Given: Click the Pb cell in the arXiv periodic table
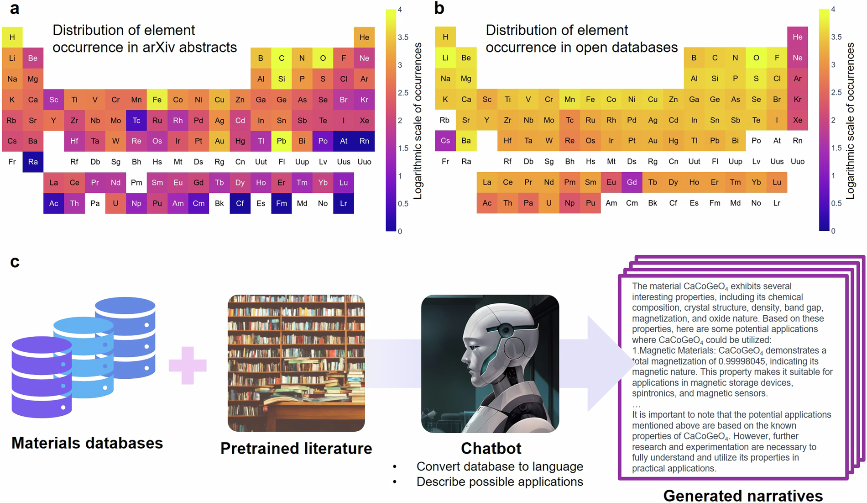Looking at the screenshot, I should coord(282,141).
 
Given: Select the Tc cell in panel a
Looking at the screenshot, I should coord(136,121).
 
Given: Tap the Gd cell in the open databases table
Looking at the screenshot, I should coord(632,182).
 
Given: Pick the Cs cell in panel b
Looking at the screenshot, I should coord(445,141).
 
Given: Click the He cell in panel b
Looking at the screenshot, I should coord(797,37).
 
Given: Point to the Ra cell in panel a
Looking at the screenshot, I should coord(33,162).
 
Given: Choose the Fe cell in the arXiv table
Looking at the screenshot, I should coord(157,100).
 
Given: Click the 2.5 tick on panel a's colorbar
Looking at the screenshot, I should coord(402,93).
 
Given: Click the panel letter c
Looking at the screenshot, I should coord(15,262).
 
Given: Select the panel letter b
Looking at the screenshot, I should coord(439,8).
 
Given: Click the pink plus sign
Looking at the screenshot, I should coord(188,365).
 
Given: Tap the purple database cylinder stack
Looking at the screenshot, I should coord(42,377).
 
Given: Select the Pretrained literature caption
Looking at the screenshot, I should coord(296,449).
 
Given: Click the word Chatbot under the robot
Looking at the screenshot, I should coord(491,449).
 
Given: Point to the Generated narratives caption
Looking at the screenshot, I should coord(743,495).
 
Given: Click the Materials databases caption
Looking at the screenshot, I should coord(87,443).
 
